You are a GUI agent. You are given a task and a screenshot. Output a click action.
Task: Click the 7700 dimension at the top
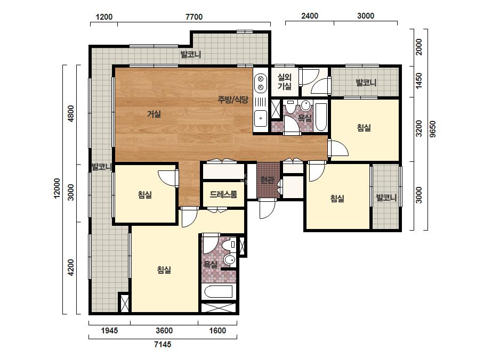(194, 17)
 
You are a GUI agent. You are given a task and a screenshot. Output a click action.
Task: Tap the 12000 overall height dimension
(57, 188)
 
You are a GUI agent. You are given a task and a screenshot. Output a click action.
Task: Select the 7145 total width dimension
(163, 345)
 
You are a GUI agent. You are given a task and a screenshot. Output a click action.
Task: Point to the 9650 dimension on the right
(433, 129)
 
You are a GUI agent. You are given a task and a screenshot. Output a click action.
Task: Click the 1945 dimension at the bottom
(109, 331)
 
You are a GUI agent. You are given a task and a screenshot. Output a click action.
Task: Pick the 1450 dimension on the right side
(419, 81)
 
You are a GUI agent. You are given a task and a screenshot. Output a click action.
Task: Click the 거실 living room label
(154, 114)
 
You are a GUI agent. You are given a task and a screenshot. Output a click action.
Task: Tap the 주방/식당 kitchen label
(233, 100)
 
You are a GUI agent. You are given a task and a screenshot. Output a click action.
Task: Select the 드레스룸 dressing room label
(223, 194)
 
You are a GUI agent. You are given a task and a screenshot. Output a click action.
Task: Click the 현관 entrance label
(267, 180)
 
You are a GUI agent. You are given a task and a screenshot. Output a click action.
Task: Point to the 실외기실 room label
(285, 82)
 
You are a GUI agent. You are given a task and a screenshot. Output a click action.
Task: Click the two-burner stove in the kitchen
(261, 83)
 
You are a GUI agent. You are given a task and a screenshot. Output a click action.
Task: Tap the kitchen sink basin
(261, 119)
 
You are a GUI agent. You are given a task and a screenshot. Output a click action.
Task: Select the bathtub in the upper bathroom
(321, 117)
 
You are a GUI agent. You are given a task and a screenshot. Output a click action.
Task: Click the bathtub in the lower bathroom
(219, 292)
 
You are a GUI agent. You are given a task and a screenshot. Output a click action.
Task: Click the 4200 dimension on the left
(71, 267)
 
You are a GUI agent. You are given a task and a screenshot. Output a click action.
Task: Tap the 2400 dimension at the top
(310, 15)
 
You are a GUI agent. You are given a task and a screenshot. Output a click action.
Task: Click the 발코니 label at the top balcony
(191, 54)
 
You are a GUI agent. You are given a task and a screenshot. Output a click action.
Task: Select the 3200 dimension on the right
(419, 128)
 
